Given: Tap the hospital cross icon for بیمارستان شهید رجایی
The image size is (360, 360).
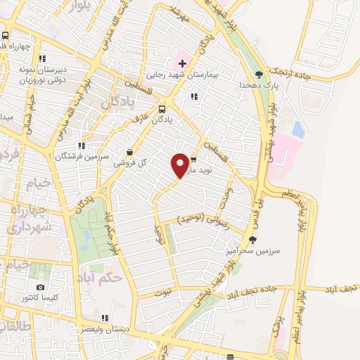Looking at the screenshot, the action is (182, 63).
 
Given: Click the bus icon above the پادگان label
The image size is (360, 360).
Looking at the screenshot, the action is (162, 109).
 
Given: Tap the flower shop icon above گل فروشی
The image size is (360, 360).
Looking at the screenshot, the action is (129, 151).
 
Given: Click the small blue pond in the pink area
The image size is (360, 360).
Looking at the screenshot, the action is (298, 129).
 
